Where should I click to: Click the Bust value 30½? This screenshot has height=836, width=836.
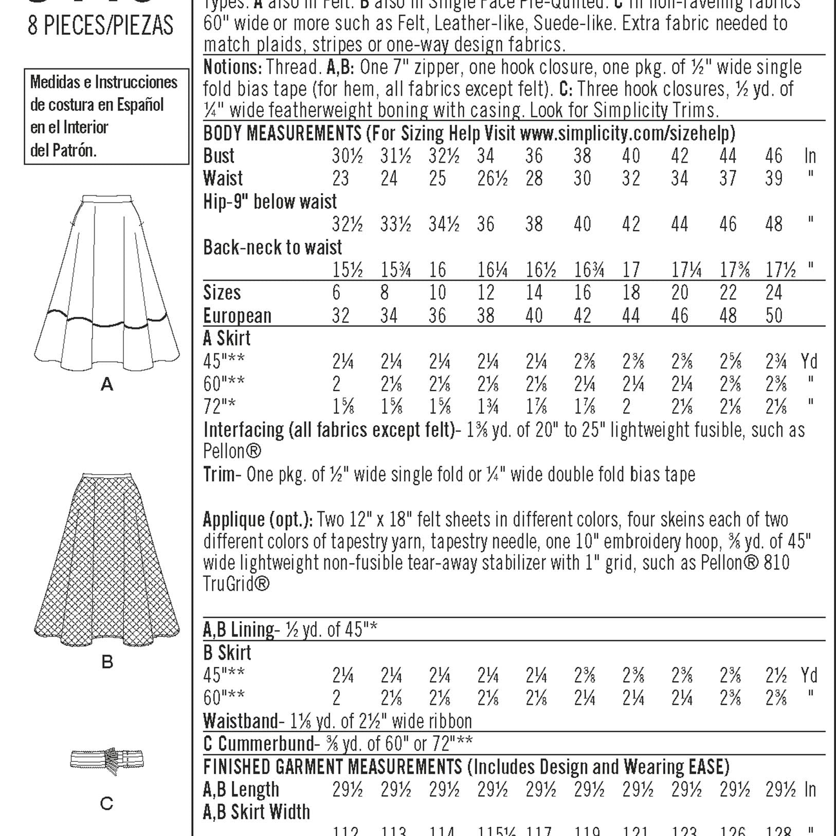click(x=347, y=156)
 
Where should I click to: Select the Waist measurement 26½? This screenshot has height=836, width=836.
click(x=492, y=178)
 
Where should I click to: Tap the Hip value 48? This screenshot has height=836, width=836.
click(x=774, y=224)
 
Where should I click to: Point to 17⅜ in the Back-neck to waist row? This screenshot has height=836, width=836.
click(x=734, y=270)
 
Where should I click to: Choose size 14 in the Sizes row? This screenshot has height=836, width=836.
click(x=534, y=293)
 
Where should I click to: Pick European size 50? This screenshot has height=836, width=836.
click(x=774, y=315)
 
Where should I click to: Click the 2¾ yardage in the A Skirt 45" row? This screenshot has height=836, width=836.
click(x=776, y=362)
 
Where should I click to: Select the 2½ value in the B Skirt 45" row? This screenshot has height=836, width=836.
click(x=776, y=676)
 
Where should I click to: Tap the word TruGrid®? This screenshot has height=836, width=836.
click(x=236, y=584)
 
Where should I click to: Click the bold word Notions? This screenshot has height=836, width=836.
click(x=233, y=67)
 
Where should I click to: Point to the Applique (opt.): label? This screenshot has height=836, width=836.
click(x=258, y=519)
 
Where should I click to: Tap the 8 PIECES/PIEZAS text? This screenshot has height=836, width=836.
click(x=101, y=26)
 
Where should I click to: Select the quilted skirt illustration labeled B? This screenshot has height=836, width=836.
click(x=107, y=560)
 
